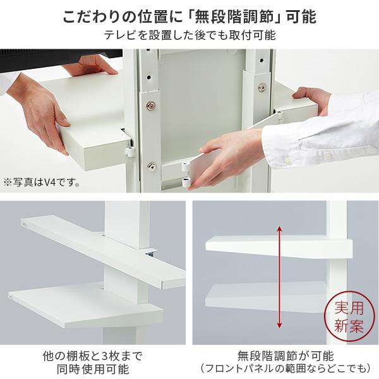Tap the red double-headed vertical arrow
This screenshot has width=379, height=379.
coord(279,278)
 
